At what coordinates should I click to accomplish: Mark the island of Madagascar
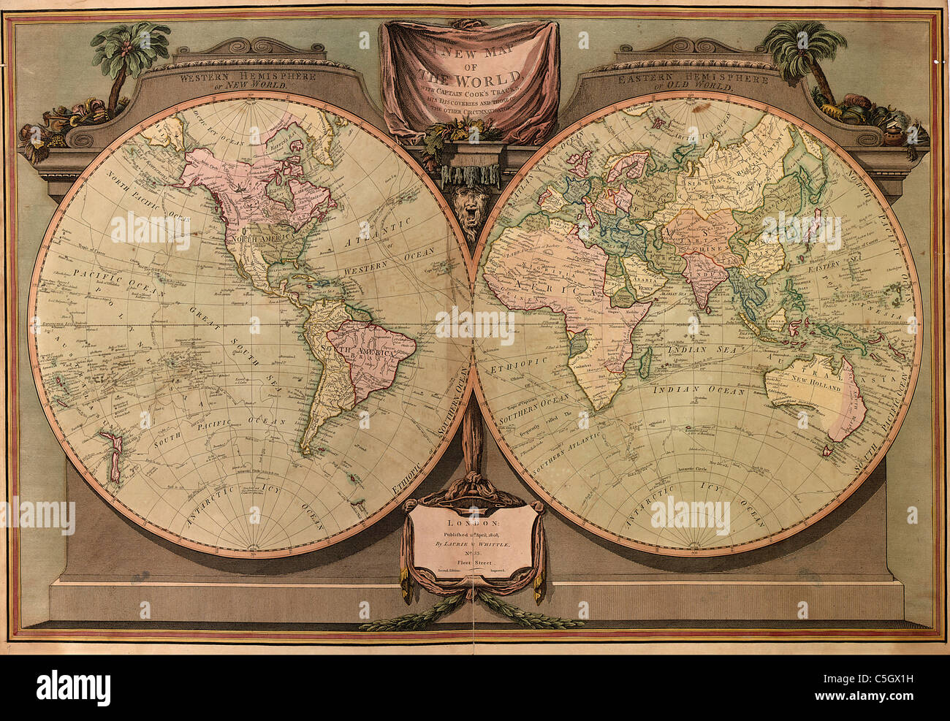647,359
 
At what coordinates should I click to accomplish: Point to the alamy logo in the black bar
73,687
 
